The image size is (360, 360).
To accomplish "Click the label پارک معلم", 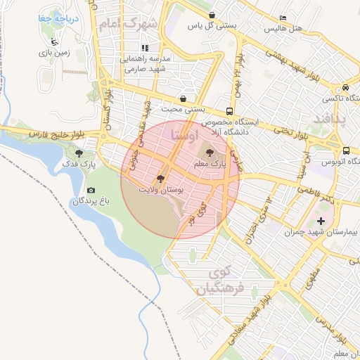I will (211, 163).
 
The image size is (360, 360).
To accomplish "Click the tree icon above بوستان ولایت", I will (161, 179).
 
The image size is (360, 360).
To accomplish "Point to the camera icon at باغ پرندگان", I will (91, 191).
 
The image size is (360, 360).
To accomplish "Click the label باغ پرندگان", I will (91, 202).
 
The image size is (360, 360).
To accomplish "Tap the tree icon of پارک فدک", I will (78, 152).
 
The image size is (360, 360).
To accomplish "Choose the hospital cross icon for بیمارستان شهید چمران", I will (321, 221).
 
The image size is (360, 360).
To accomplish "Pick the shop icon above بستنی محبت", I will (184, 99).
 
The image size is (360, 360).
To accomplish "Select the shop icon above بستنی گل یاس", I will (211, 15).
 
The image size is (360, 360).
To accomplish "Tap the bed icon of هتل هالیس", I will (283, 18).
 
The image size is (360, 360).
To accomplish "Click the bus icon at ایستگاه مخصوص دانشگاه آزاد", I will (230, 111).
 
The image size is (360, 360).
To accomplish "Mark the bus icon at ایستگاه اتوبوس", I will (347, 150).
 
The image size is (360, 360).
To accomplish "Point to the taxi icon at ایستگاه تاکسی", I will (345, 87).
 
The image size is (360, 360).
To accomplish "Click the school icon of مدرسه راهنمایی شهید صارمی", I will (144, 49).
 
